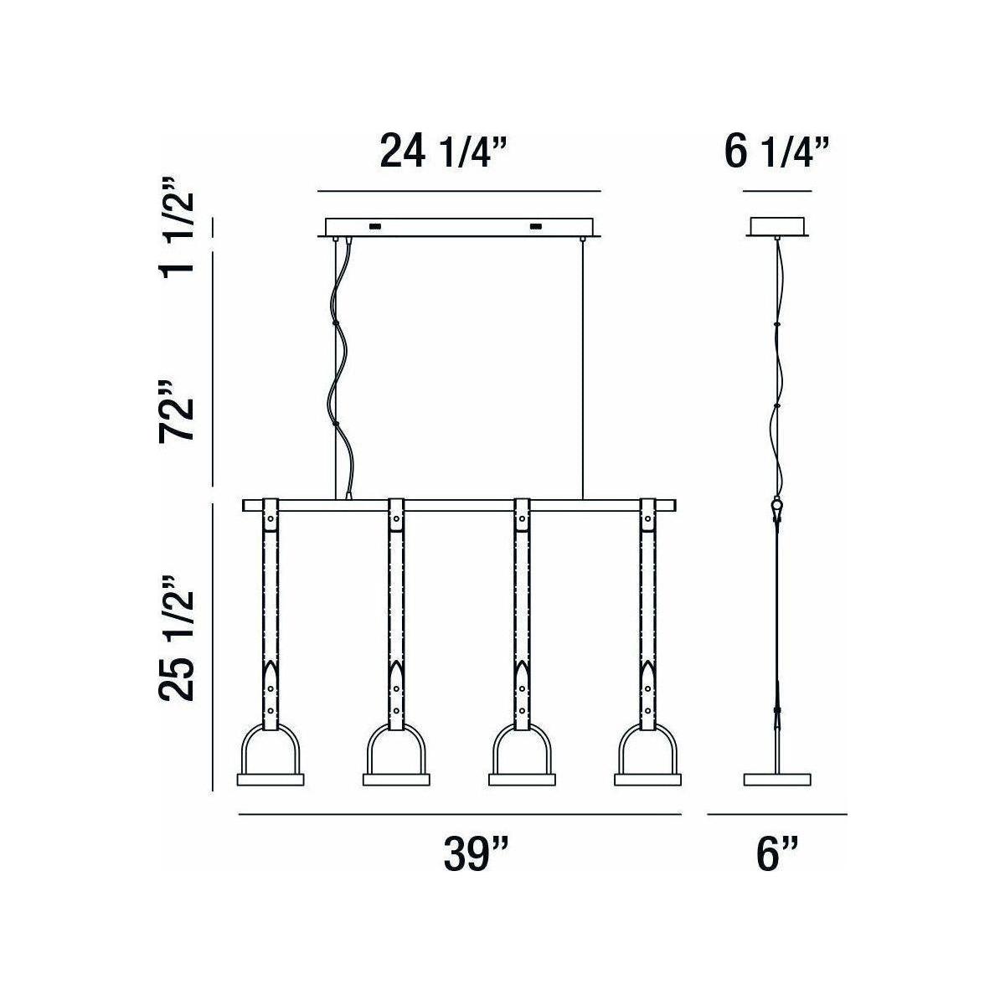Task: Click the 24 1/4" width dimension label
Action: coord(443,152)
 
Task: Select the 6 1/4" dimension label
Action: coord(776,152)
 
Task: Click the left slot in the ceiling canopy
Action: coord(374,226)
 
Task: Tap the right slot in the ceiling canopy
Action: coord(534,226)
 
